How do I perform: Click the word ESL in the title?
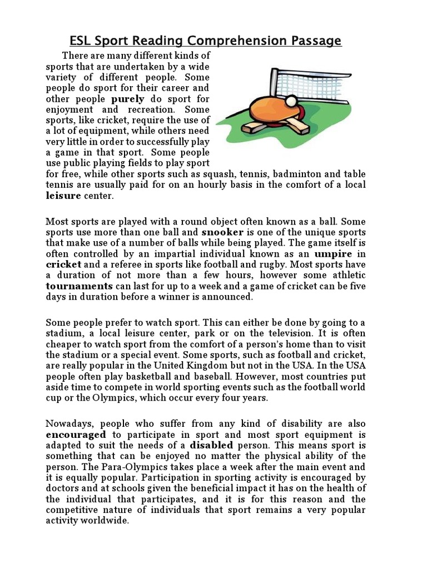[81, 41]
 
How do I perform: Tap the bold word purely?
[128, 99]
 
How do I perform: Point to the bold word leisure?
[63, 196]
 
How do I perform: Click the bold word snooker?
[222, 231]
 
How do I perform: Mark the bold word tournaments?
[79, 286]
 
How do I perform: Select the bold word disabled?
[212, 445]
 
